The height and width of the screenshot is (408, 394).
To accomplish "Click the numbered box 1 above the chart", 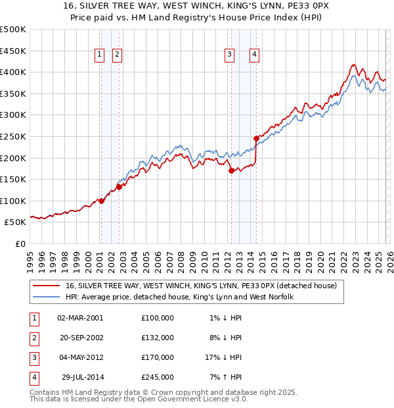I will (100, 55).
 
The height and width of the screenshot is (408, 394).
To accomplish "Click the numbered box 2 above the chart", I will (117, 55).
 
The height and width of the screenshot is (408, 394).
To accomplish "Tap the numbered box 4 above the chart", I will (254, 55).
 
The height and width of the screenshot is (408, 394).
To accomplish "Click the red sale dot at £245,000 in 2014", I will (256, 138).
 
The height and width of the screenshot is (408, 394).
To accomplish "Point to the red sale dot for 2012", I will (231, 170).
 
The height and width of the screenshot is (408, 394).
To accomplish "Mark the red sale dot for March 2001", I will (101, 201).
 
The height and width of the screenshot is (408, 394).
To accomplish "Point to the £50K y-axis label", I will (16, 222).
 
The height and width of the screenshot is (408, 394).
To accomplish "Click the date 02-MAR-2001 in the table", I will (80, 318).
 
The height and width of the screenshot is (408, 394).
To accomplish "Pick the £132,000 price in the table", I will (158, 338).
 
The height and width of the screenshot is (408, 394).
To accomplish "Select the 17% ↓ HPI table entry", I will (223, 357).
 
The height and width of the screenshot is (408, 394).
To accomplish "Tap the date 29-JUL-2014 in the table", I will (80, 377).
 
